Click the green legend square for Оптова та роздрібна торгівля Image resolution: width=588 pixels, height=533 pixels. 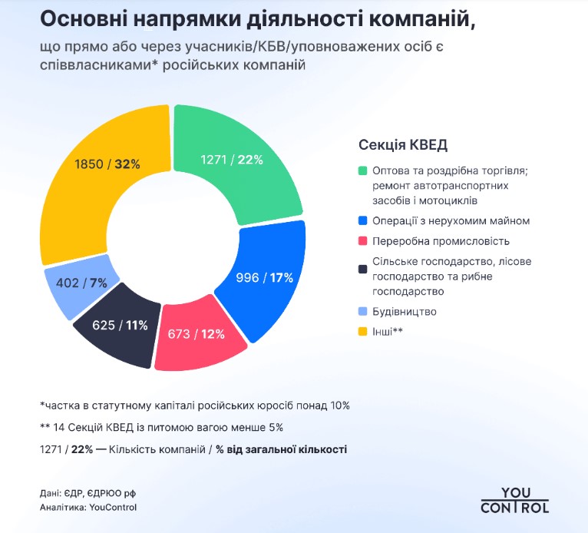363,170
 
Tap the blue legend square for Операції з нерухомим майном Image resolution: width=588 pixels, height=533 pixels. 363,221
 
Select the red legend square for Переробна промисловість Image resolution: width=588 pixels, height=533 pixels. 363,241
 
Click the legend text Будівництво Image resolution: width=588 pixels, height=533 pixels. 405,312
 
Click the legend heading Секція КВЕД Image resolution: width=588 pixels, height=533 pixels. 402,145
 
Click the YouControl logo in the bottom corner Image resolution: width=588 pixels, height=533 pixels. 515,500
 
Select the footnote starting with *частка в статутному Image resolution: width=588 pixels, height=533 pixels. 195,405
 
